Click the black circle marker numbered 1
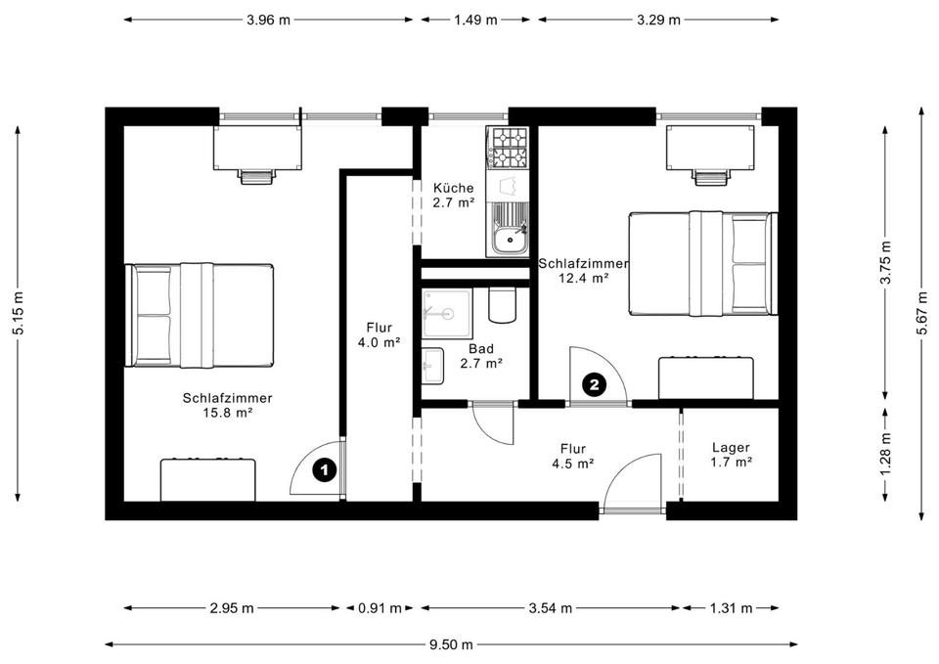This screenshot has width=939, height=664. [x=325, y=470]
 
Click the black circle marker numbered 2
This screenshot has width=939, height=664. [x=594, y=383]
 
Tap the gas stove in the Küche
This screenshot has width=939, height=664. [x=509, y=148]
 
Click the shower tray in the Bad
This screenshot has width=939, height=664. [x=447, y=313]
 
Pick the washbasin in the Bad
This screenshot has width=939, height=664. [x=432, y=366]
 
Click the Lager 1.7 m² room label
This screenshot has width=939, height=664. [x=732, y=455]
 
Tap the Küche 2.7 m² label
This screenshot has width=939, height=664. [x=454, y=196]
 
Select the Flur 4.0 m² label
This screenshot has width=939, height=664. [x=380, y=334]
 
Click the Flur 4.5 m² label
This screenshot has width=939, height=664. [x=573, y=455]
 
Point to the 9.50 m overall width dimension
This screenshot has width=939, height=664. [x=451, y=644]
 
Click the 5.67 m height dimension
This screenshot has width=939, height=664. [x=922, y=314]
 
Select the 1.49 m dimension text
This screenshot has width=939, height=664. [x=475, y=20]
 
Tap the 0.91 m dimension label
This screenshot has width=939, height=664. [x=380, y=608]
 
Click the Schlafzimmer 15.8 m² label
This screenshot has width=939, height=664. [x=228, y=405]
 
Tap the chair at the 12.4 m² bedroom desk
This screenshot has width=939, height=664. [x=711, y=178]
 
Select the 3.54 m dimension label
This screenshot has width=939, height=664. [x=551, y=608]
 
